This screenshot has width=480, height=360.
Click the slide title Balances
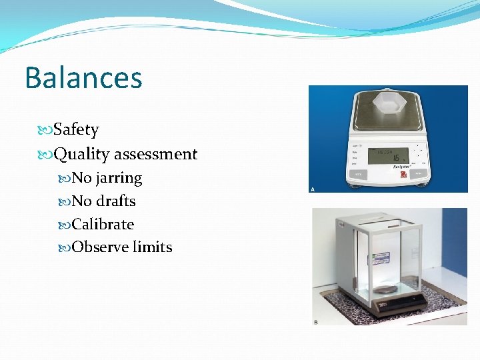click(83, 77)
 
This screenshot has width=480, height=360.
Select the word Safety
click(76, 129)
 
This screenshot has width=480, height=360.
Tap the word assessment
click(156, 154)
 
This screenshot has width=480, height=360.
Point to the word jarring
click(119, 178)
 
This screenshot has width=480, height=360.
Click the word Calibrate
click(103, 224)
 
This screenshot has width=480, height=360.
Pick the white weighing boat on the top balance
click(389, 103)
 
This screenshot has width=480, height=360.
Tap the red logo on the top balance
click(403, 175)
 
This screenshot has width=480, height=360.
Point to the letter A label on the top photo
click(313, 189)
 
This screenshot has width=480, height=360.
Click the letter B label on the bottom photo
click(316, 323)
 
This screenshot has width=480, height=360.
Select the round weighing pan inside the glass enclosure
click(385, 290)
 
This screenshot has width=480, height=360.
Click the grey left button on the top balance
click(359, 175)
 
